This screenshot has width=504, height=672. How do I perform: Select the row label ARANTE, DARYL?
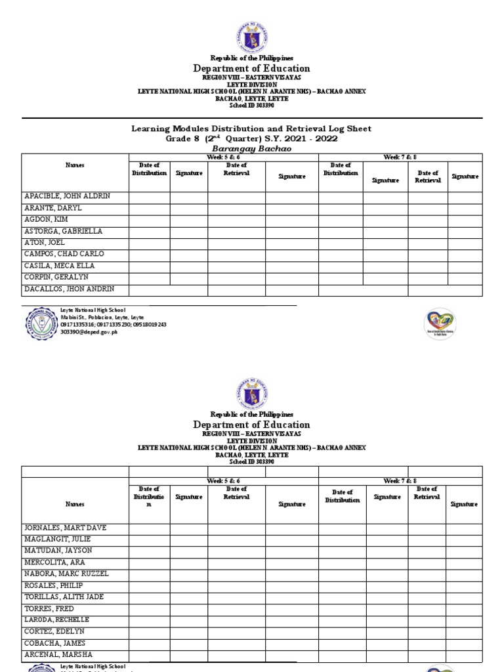click(53, 208)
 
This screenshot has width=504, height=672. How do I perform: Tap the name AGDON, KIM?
click(46, 220)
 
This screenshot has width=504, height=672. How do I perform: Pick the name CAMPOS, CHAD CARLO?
click(64, 254)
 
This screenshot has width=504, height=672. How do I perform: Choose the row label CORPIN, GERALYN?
click(56, 278)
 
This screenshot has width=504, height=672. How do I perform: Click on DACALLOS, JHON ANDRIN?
click(66, 289)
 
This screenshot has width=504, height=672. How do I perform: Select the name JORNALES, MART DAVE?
click(65, 528)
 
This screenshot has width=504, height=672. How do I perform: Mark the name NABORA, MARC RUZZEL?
click(66, 574)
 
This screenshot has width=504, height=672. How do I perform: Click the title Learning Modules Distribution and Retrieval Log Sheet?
click(251, 129)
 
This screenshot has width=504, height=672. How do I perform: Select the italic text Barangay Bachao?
click(251, 148)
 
